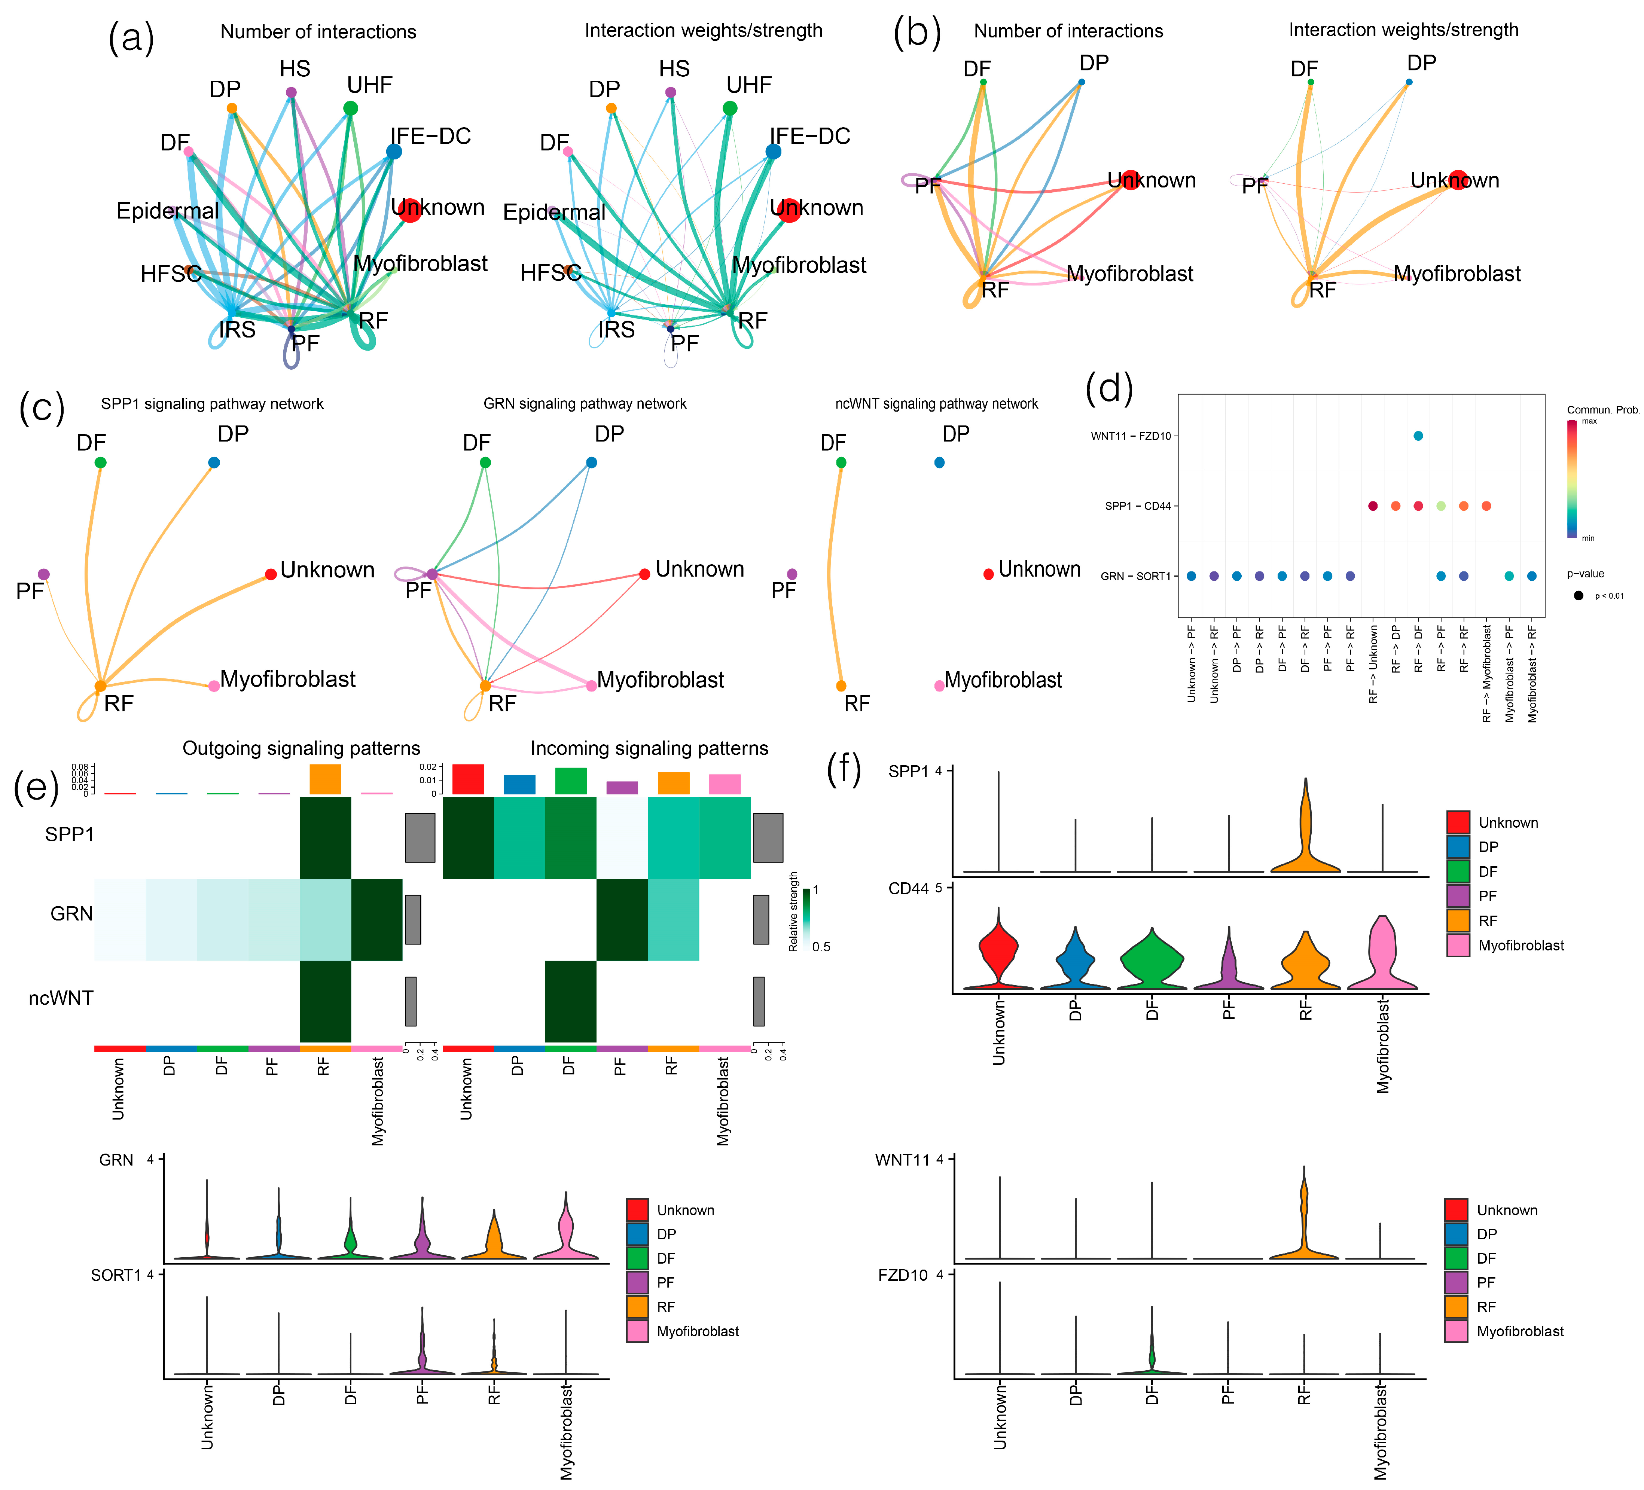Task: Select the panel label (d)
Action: tap(1109, 388)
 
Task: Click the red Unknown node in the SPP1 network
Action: tap(271, 575)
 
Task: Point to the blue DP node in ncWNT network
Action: tap(939, 462)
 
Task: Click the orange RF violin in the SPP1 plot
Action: tap(1306, 840)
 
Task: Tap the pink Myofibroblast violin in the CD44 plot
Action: tap(1382, 954)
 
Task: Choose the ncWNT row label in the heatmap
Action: tap(61, 998)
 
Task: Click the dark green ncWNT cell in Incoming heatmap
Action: tap(571, 1001)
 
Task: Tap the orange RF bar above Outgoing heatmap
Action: tap(325, 780)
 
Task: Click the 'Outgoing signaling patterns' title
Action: tap(301, 749)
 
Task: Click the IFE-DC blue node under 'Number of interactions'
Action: tap(394, 152)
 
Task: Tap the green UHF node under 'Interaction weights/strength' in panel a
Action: tap(730, 109)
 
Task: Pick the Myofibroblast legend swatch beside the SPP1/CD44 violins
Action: tap(1458, 945)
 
